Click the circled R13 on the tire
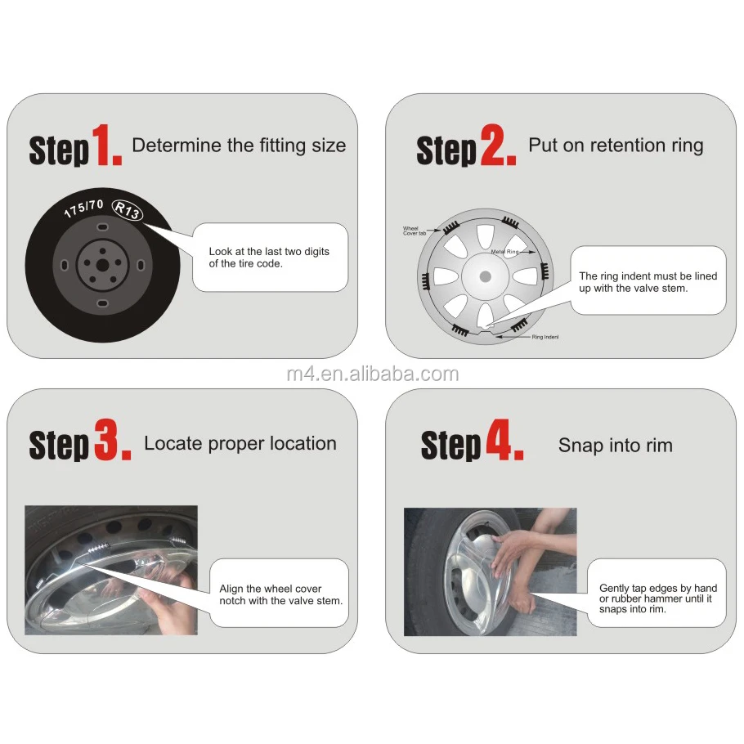(x=128, y=210)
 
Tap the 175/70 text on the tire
(x=84, y=208)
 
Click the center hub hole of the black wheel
(x=102, y=265)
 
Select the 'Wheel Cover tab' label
(x=415, y=231)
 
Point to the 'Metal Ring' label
(x=504, y=252)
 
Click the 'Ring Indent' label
(x=545, y=337)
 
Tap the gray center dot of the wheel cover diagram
(x=485, y=276)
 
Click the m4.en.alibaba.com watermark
(x=373, y=374)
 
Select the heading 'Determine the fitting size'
(x=239, y=146)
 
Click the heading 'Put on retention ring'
(x=616, y=146)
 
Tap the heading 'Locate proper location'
(x=240, y=443)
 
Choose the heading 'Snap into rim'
(x=616, y=445)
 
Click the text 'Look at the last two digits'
(x=269, y=252)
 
